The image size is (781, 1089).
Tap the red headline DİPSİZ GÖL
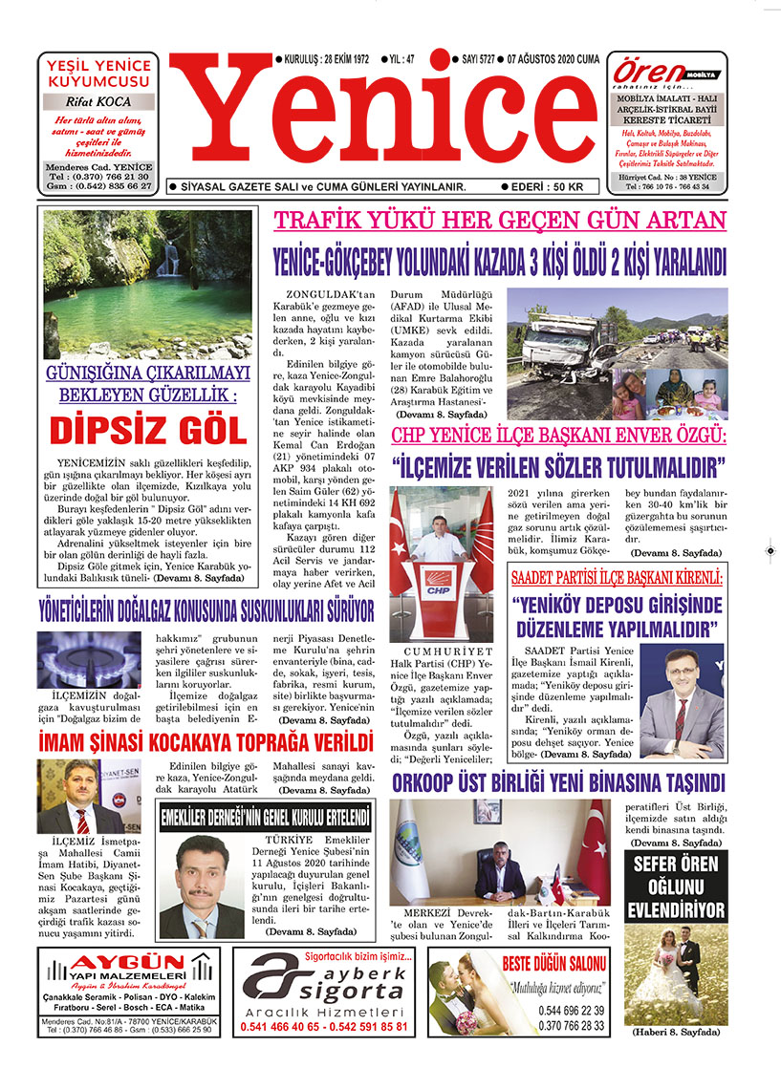pos(148,429)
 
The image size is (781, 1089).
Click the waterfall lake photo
pos(148,283)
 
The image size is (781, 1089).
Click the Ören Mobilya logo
pos(665,73)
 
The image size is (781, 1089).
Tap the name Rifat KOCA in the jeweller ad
pos(98,102)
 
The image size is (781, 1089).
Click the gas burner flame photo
pos(88,659)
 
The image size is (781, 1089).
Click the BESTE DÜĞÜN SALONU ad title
pos(554,963)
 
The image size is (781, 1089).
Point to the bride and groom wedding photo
pos(675,975)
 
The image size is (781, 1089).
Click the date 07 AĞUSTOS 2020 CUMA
pos(554,60)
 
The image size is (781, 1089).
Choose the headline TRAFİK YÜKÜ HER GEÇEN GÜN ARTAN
pos(500,221)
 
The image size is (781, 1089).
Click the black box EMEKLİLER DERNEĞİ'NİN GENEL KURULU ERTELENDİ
pos(265,818)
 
